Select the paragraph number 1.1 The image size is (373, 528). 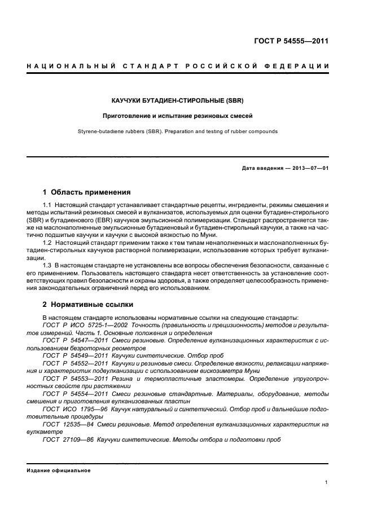tap(48, 205)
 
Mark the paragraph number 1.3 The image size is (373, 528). tap(48, 265)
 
